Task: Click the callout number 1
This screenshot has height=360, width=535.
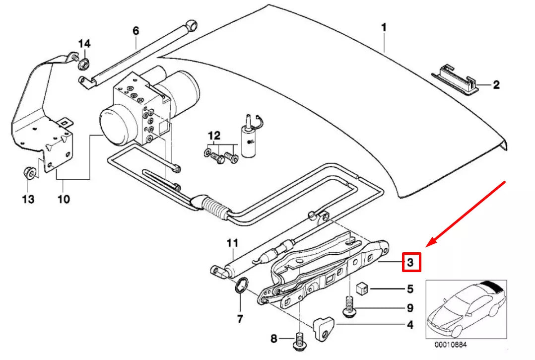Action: tap(383, 27)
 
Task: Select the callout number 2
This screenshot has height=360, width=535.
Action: tap(496, 85)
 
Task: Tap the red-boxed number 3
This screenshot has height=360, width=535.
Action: tap(410, 262)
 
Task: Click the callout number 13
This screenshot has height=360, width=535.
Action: tap(28, 199)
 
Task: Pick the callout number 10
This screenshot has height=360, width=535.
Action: tap(64, 199)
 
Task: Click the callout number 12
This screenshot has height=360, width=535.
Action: tap(213, 135)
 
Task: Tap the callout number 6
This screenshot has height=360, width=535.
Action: tap(135, 31)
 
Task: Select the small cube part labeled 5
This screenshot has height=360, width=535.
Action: tap(362, 288)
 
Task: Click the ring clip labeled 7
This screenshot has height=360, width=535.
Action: tap(240, 287)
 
